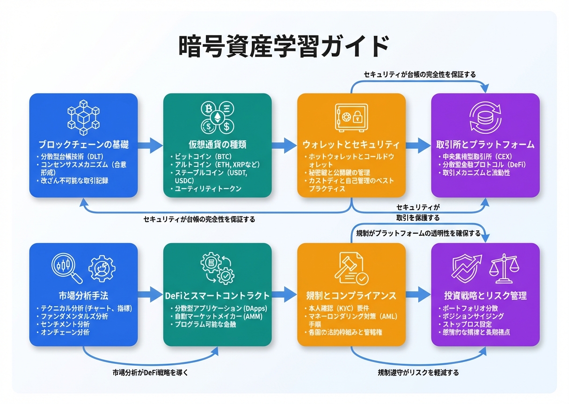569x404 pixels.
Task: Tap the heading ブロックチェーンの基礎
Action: click(x=83, y=144)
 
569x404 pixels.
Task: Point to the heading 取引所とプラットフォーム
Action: click(x=485, y=144)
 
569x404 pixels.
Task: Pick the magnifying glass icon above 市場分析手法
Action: click(x=66, y=269)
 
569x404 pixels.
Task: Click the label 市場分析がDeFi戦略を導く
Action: click(x=150, y=373)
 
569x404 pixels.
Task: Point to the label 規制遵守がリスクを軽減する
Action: click(x=418, y=373)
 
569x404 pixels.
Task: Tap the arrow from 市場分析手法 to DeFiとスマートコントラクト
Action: click(x=150, y=295)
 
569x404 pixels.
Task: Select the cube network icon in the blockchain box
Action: click(x=84, y=115)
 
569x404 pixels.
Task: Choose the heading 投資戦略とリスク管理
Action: click(x=485, y=296)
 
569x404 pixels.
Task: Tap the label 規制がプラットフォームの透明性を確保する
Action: click(x=418, y=233)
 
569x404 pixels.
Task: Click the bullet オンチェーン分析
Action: click(x=65, y=332)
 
